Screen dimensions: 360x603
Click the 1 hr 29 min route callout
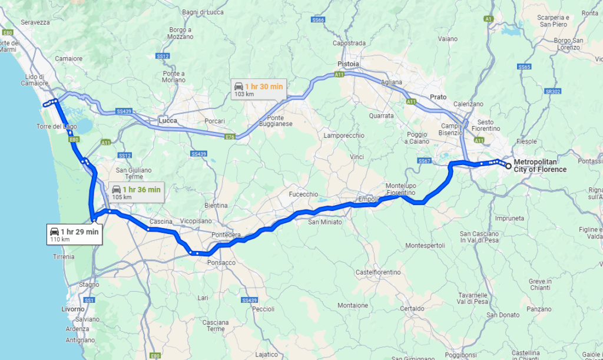pos(75,235)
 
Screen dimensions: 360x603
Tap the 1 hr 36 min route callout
pos(135,193)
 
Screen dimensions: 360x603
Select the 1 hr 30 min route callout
pos(258,89)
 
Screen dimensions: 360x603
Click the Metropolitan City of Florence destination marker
pos(508,166)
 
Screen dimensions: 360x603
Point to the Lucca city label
pos(168,121)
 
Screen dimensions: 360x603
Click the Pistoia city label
pos(348,64)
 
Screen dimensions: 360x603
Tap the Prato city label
pos(438,97)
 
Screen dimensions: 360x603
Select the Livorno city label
pos(73,309)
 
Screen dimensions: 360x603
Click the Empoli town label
pos(367,199)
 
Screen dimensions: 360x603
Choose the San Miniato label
pos(323,222)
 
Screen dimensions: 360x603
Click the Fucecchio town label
pos(303,194)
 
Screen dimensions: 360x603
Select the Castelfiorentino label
pos(378,272)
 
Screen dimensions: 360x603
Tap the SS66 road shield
pos(319,20)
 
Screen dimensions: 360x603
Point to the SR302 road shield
pos(552,91)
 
